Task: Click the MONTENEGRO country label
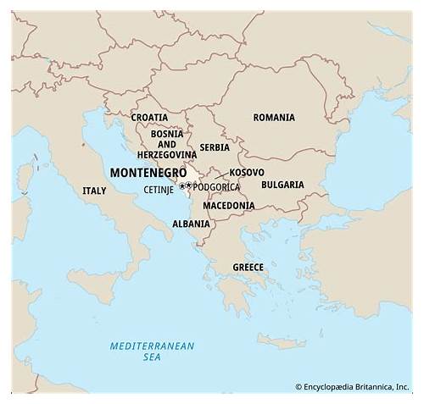pyautogui.click(x=148, y=172)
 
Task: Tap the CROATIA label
pyautogui.click(x=148, y=118)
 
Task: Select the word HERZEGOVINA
pyautogui.click(x=167, y=155)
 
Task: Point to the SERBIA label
pyautogui.click(x=215, y=147)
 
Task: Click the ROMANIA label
pyautogui.click(x=274, y=118)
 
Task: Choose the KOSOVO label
pyautogui.click(x=247, y=172)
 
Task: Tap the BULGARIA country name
pyautogui.click(x=282, y=185)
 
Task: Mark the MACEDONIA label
pyautogui.click(x=229, y=206)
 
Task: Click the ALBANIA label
pyautogui.click(x=191, y=224)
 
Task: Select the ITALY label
pyautogui.click(x=94, y=191)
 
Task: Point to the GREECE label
pyautogui.click(x=248, y=268)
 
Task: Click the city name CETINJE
pyautogui.click(x=159, y=189)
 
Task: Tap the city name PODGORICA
pyautogui.click(x=217, y=187)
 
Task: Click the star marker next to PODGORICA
pyautogui.click(x=187, y=186)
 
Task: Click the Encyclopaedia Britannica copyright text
pyautogui.click(x=353, y=387)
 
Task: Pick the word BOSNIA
pyautogui.click(x=167, y=133)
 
